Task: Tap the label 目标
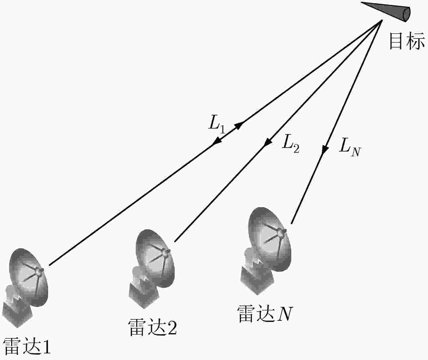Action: pyautogui.click(x=407, y=41)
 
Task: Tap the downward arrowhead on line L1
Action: pyautogui.click(x=217, y=141)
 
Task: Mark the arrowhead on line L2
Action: pyautogui.click(x=268, y=142)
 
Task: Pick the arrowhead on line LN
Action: pyautogui.click(x=325, y=149)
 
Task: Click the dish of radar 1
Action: pyautogui.click(x=29, y=278)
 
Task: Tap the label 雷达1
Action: pyautogui.click(x=27, y=346)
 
